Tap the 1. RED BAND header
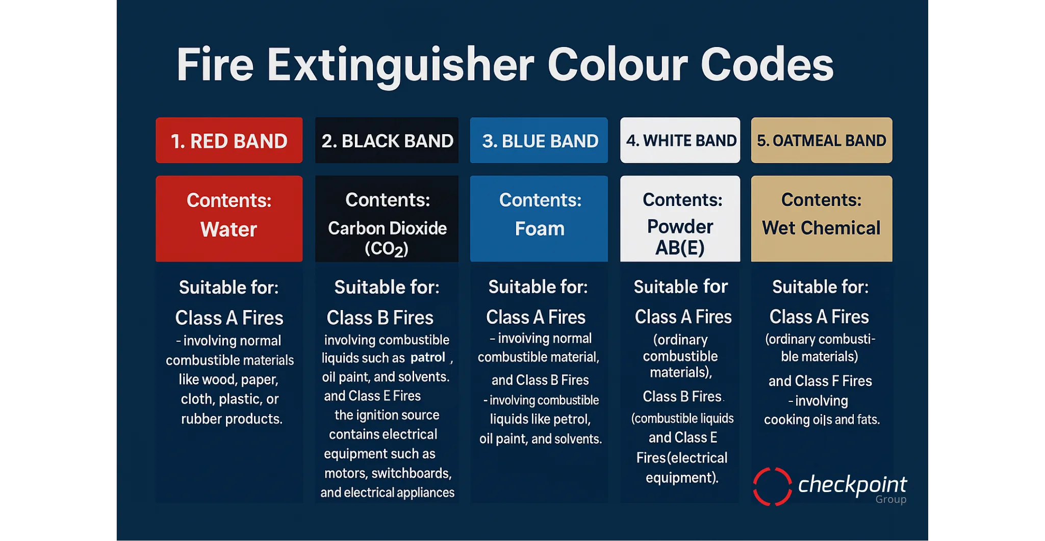[229, 141]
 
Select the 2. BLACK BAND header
[387, 141]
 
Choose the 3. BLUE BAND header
[539, 141]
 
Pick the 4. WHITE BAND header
[680, 141]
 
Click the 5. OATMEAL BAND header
[822, 141]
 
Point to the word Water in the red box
[228, 229]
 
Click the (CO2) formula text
[387, 249]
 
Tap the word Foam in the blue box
[540, 228]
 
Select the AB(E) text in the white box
[680, 248]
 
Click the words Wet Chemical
[821, 228]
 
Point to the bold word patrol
[428, 357]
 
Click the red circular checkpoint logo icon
[773, 486]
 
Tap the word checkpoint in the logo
[852, 484]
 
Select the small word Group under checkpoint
[891, 500]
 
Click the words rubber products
[232, 419]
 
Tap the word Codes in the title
[767, 65]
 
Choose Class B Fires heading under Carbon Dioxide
[380, 318]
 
